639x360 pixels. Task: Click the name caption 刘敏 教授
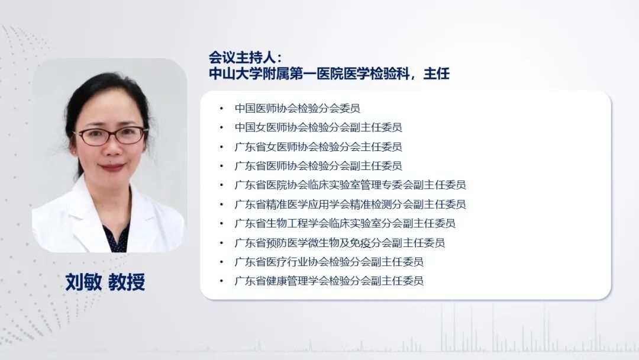(105, 282)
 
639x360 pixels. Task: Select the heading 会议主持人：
(246, 57)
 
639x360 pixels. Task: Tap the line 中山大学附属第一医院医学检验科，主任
(329, 74)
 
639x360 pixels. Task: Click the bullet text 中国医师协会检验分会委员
(297, 108)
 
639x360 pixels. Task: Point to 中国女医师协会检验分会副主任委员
(318, 127)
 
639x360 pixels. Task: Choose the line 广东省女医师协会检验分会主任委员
(318, 146)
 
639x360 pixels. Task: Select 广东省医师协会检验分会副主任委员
(318, 166)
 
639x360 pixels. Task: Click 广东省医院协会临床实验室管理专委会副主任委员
(350, 185)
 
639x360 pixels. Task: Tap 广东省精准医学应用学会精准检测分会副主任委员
(350, 204)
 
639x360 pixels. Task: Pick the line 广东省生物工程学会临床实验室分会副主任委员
(345, 223)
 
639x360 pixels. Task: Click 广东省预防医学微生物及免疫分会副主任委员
(340, 242)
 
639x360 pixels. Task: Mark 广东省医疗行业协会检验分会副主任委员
(329, 262)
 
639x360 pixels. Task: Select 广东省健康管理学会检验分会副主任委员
(329, 281)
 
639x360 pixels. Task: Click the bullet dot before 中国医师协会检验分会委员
(221, 108)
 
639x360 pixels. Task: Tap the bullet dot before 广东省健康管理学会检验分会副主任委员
(221, 281)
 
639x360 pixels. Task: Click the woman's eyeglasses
(111, 136)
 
